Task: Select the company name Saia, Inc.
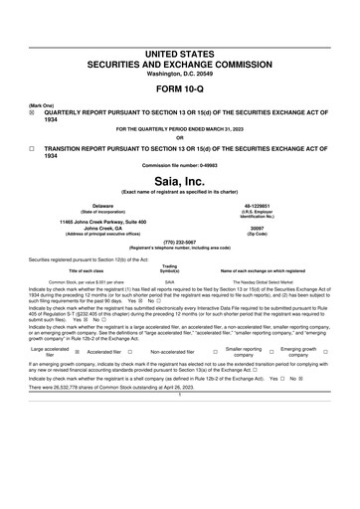click(x=179, y=182)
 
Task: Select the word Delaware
click(x=89, y=205)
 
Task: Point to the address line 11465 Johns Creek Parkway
click(x=89, y=220)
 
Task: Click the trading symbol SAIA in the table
click(x=170, y=281)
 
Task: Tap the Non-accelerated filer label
click(x=171, y=351)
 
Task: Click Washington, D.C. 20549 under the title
click(x=179, y=74)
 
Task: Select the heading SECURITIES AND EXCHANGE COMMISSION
click(x=179, y=64)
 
